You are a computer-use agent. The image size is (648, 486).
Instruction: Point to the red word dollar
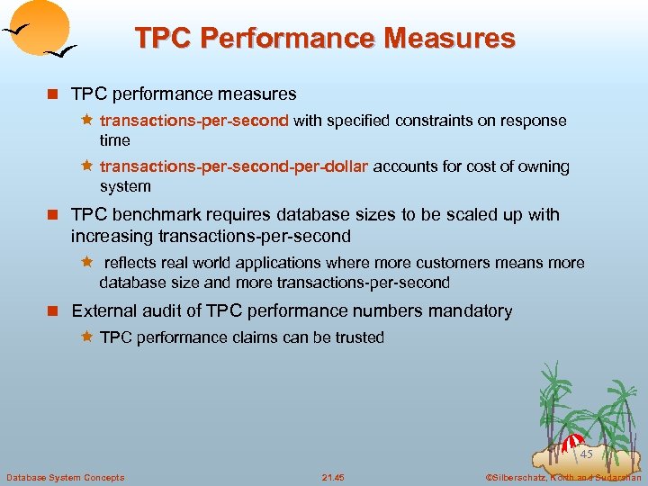tap(346, 166)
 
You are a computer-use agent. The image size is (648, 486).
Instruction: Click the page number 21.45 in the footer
tap(333, 477)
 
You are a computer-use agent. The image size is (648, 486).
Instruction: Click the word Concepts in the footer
tap(103, 477)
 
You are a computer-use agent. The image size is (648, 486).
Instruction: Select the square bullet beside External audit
tap(56, 311)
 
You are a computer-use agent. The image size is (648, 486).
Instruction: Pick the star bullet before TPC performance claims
tap(87, 337)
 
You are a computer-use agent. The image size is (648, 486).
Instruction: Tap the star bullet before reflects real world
tap(87, 263)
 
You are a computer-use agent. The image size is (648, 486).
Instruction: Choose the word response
tap(536, 121)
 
